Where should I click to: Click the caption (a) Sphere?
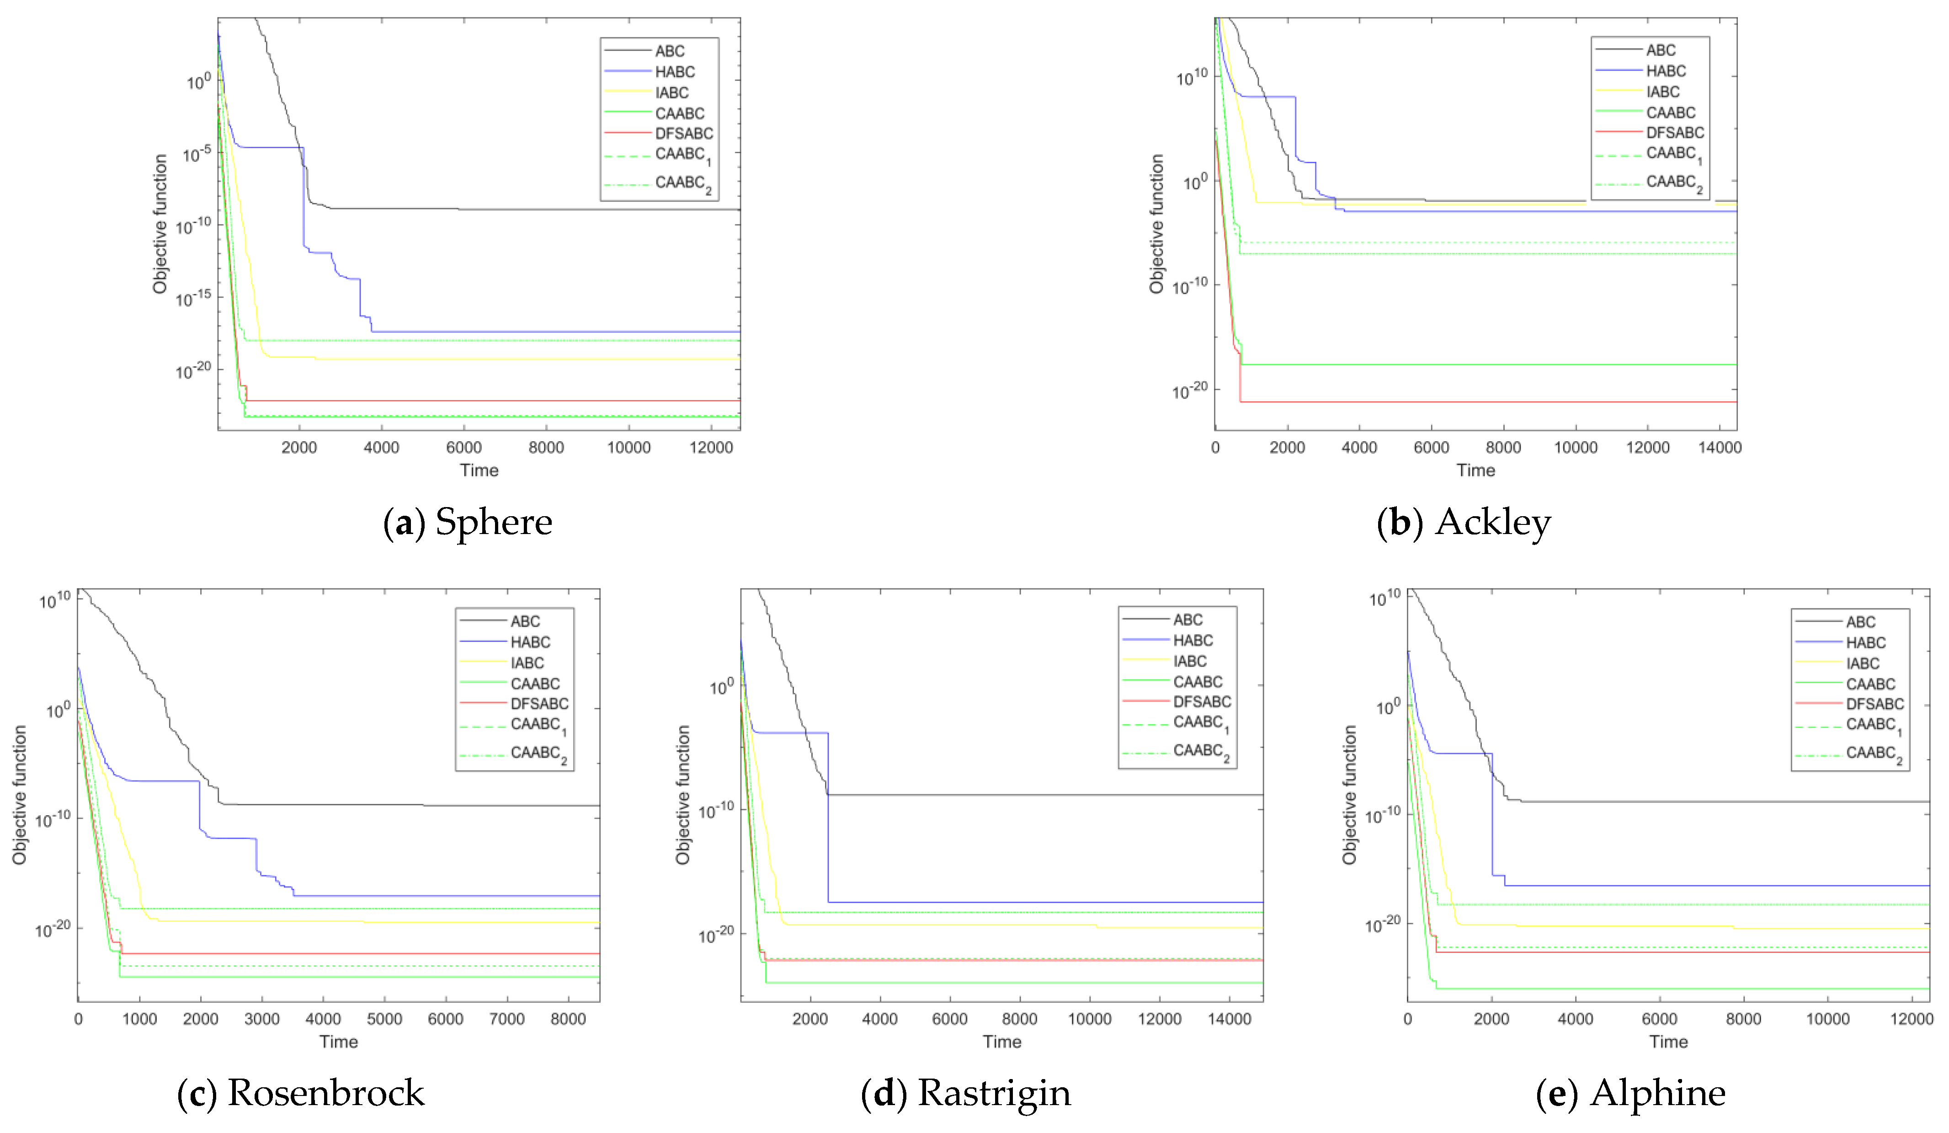(x=468, y=523)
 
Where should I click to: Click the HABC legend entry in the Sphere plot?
(x=674, y=72)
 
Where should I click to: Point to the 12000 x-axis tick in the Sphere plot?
(x=711, y=447)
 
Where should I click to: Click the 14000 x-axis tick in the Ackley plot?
(x=1719, y=447)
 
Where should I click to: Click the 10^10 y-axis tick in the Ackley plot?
(x=1191, y=77)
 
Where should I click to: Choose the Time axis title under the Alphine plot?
(x=1668, y=1042)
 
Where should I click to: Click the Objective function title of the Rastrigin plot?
(x=682, y=795)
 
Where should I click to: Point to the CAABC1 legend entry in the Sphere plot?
(x=682, y=155)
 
